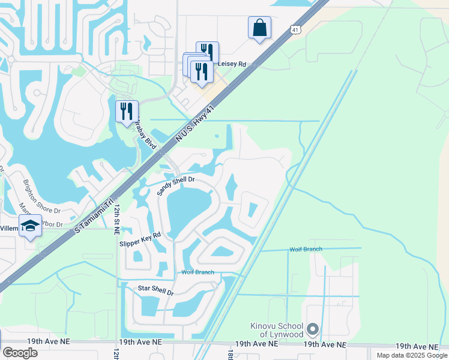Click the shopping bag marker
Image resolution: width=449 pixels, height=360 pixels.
tap(259, 28)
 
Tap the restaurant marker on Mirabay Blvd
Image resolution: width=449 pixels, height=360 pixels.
tap(127, 111)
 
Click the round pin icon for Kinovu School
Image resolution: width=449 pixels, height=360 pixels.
tap(312, 329)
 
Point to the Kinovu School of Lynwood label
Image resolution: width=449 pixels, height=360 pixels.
tap(277, 329)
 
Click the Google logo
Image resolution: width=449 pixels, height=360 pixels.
tap(20, 353)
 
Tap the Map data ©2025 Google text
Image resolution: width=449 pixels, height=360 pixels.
tap(412, 355)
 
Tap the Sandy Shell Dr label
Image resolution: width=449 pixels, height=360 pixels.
tap(176, 186)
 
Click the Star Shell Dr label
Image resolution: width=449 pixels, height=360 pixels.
tap(155, 292)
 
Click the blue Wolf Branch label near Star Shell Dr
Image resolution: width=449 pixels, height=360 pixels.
tap(197, 272)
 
